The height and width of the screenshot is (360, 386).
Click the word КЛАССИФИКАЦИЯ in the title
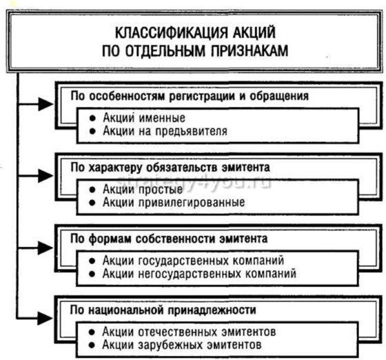155,32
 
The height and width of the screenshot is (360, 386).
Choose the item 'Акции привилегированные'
173,202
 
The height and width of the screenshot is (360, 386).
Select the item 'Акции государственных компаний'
192,261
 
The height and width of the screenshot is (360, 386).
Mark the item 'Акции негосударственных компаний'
199,274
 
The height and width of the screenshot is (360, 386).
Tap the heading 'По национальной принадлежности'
172,310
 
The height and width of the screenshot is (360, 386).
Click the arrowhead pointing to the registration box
46,103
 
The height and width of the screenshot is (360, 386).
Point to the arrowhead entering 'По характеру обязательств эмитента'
46,175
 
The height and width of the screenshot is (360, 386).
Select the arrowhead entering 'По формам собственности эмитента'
46,246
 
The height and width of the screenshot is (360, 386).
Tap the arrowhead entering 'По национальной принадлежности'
46,317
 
